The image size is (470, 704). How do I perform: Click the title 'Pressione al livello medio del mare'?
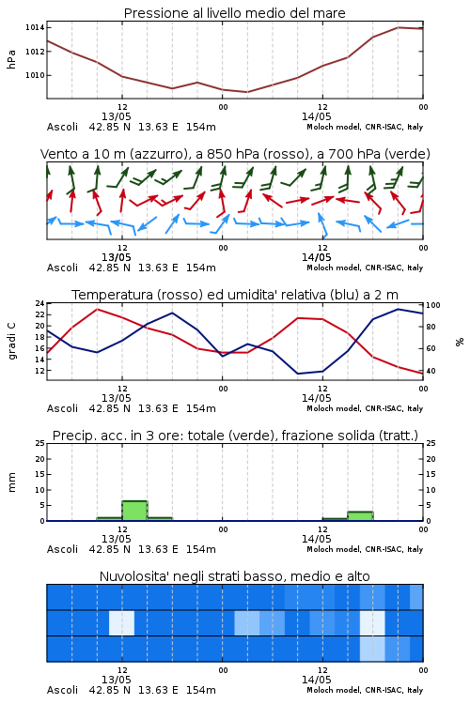click(x=234, y=13)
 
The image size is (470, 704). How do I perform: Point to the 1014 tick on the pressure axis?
click(x=35, y=28)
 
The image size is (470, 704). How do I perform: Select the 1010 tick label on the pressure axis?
click(x=35, y=75)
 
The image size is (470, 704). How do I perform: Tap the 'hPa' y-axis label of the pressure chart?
click(x=11, y=59)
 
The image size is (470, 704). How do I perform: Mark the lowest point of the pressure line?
click(x=247, y=92)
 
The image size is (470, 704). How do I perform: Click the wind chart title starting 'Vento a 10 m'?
click(x=235, y=154)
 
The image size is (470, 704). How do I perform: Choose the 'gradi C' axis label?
click(x=11, y=341)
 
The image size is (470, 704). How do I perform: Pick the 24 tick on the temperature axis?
click(x=39, y=303)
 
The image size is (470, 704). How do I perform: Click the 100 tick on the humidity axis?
click(x=433, y=305)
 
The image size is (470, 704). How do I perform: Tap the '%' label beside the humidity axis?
click(x=460, y=342)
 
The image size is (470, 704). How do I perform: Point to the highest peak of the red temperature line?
click(x=97, y=310)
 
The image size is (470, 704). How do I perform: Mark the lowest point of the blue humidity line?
click(x=297, y=374)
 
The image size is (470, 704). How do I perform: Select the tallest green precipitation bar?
click(x=134, y=511)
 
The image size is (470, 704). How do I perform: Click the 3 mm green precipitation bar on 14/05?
click(x=360, y=516)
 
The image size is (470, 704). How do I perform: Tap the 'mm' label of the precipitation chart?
click(x=11, y=482)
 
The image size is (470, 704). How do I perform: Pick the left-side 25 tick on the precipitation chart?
click(x=39, y=444)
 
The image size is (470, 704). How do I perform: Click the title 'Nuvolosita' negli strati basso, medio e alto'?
click(x=234, y=576)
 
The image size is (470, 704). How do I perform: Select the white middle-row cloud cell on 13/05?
click(x=121, y=622)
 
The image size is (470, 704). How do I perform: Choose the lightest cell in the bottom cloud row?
click(x=372, y=649)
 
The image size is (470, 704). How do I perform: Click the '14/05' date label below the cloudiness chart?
click(x=316, y=680)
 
